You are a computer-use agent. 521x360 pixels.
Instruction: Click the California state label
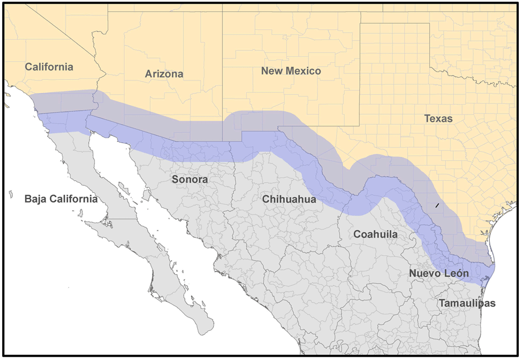point(49,67)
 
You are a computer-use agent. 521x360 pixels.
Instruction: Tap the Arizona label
point(164,74)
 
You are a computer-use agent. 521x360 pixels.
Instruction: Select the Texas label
point(438,119)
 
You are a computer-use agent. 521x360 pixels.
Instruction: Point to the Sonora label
point(190,179)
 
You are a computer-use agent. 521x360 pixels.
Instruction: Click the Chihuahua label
point(289,199)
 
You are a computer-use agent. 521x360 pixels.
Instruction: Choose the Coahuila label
point(375,234)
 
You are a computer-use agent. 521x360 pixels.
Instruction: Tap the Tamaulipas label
point(467,304)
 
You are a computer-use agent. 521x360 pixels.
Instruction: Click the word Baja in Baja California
point(37,199)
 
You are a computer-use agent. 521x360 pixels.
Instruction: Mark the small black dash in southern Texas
point(437,205)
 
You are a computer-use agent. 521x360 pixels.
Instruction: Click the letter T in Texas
point(426,119)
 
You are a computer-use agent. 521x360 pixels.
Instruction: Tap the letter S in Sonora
point(175,179)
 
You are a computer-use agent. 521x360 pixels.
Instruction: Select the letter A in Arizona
point(148,74)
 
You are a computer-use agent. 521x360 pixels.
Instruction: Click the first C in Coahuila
point(357,234)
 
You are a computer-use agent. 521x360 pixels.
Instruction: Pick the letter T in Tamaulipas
point(442,304)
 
